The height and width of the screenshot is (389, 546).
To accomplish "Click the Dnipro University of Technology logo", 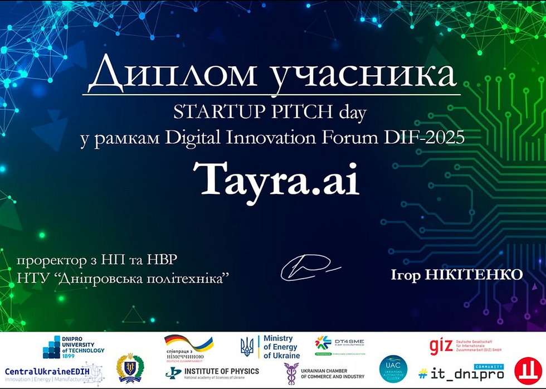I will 73,347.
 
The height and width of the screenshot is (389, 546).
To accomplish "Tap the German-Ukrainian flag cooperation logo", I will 188,348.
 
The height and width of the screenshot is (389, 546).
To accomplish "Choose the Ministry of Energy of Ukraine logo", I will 270,347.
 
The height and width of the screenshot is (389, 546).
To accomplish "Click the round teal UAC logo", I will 393,369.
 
